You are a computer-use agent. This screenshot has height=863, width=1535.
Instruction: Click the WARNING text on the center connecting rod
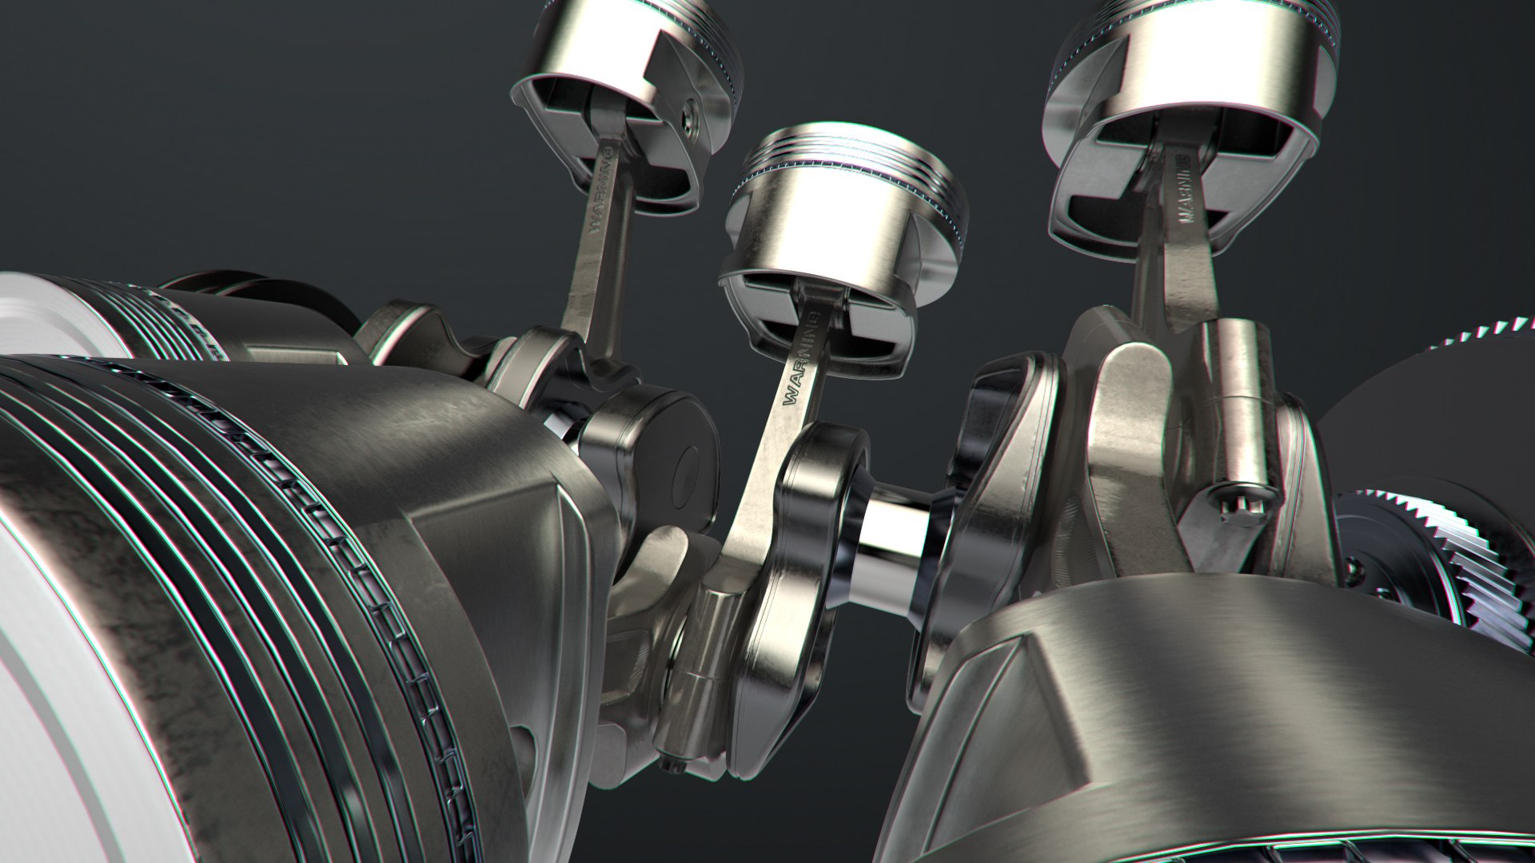tap(802, 360)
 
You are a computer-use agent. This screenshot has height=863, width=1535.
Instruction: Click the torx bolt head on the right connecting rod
tap(1225, 499)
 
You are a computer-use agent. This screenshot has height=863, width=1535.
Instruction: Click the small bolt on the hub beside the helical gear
tap(1351, 568)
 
